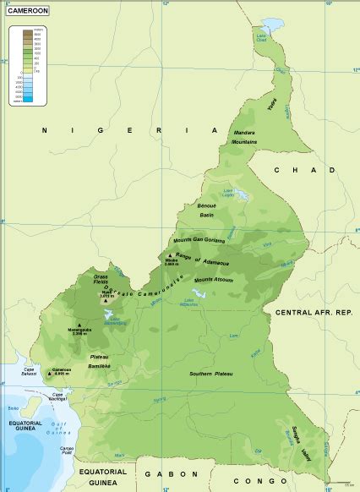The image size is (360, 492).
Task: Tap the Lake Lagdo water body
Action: point(240,195)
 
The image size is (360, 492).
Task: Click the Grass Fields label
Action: point(101,280)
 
